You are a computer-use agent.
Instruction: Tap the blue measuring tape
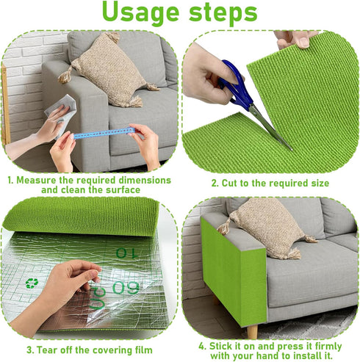(x=103, y=134)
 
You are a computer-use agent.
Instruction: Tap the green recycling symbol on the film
(x=32, y=283)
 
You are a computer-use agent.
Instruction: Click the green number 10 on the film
(x=129, y=253)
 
